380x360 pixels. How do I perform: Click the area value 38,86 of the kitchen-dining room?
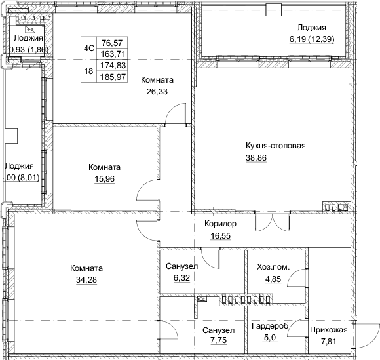click(x=257, y=158)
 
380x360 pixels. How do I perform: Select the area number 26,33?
click(x=157, y=92)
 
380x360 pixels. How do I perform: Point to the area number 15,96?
click(x=105, y=179)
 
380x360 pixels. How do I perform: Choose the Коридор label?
click(x=219, y=224)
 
